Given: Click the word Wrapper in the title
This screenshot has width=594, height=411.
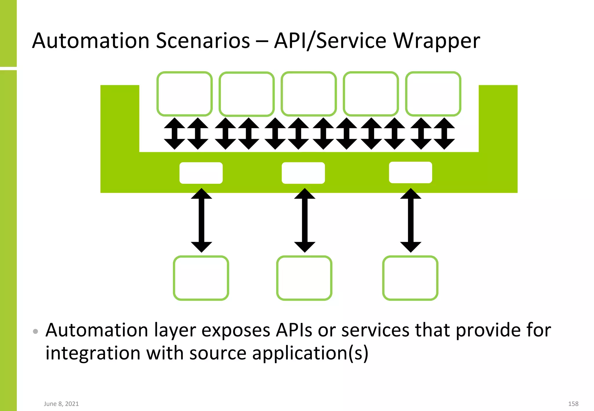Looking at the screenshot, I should pos(436,41).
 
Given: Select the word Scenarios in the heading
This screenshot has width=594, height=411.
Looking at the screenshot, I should pos(203,41).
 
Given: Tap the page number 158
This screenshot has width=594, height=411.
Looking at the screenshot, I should pos(573,404).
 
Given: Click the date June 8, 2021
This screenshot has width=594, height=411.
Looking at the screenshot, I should pos(61,404).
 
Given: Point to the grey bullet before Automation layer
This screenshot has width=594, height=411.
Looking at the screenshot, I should pos(35,331).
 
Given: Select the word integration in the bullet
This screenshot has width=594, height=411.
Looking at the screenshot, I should pos(93,353).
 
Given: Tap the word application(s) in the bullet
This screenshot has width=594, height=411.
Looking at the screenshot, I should pos(310,353).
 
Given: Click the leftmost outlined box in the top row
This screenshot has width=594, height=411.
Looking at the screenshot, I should pos(184,94).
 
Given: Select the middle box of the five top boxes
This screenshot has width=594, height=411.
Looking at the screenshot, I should pos(309,94).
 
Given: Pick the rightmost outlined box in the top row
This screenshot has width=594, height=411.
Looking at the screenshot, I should pos(433,94).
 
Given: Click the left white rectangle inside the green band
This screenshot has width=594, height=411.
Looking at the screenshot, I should pos(201,173).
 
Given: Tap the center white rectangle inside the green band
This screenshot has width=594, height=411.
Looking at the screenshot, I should pos(303,173).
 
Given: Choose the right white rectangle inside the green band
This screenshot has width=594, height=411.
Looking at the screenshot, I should pos(410,172).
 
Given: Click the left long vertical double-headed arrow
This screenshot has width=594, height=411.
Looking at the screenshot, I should pos(201,220).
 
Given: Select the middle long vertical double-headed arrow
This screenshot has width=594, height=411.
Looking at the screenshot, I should pos(305,220).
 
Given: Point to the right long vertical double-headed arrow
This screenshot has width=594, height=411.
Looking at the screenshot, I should pos(411,220).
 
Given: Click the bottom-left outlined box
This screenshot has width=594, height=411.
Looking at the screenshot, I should pos(201,278).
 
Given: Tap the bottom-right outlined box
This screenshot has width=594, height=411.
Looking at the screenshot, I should pos(410,278).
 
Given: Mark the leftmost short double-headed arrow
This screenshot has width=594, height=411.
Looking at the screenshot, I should pos(174,134).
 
